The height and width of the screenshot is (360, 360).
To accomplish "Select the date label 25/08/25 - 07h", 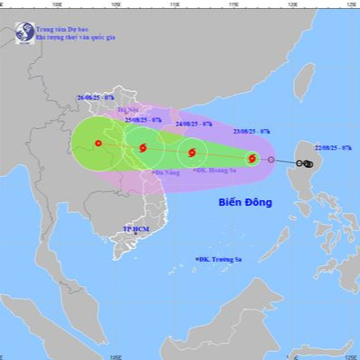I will click(x=143, y=119).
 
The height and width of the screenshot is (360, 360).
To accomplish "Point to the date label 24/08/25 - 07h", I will click(x=194, y=124).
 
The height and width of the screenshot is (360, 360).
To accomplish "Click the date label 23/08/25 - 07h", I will click(x=251, y=131).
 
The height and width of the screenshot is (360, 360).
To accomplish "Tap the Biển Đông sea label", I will click(x=245, y=203).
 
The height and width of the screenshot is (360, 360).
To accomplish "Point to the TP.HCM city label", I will click(x=135, y=230).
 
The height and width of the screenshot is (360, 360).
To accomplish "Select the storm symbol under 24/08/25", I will click(x=192, y=152).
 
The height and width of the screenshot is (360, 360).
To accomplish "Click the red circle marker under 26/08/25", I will click(x=98, y=143).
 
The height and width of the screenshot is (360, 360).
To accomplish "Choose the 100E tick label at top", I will click(x=58, y=4).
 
